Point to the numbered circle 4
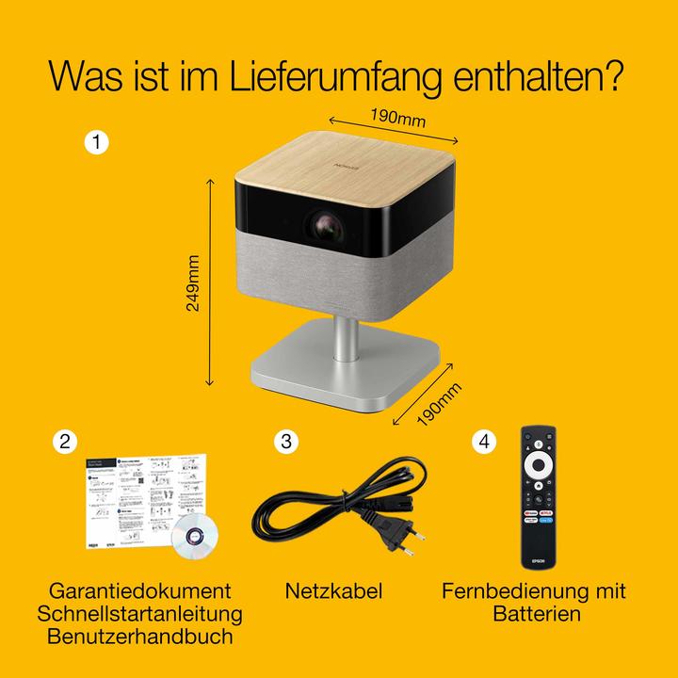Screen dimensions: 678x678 (x=484, y=441)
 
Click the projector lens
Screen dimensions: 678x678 (x=324, y=227)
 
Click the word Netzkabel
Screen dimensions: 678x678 (x=333, y=591)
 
